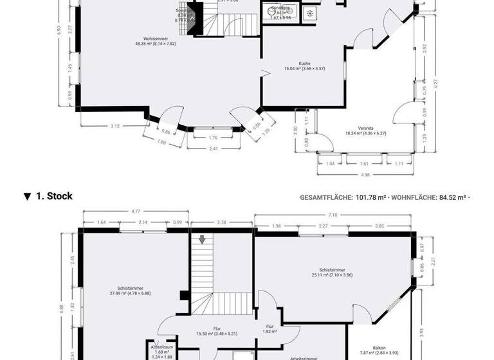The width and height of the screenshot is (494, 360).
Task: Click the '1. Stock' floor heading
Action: (x=54, y=196)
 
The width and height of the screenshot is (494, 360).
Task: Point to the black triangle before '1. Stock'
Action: (x=27, y=197)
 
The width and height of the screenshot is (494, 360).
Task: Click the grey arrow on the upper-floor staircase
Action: (x=202, y=240)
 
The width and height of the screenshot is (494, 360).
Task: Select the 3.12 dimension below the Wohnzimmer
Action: (x=114, y=126)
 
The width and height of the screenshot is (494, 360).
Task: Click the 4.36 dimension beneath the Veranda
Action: (x=365, y=175)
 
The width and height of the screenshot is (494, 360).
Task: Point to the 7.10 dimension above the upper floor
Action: (x=332, y=215)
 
